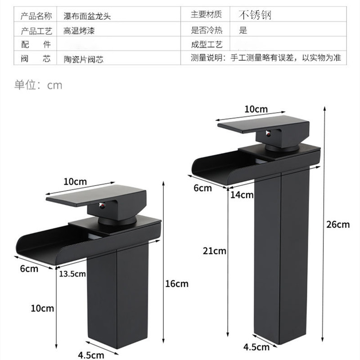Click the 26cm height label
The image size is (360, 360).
click(338, 225)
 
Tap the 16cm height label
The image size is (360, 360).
click(176, 284)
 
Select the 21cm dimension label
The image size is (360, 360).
click(214, 251)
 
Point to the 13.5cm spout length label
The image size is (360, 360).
click(72, 274)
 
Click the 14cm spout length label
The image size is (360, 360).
click(241, 195)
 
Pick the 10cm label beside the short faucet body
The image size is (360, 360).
click(42, 308)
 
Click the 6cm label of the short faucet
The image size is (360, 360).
click(29, 269)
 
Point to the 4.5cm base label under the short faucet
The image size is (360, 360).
click(91, 355)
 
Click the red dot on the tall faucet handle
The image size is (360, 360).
click(269, 134)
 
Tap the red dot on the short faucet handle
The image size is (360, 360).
click(102, 206)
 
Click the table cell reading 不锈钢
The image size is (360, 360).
click(255, 15)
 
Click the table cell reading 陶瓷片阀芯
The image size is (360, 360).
click(81, 59)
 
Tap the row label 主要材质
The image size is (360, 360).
click(207, 15)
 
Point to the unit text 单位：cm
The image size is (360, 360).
click(38, 85)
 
